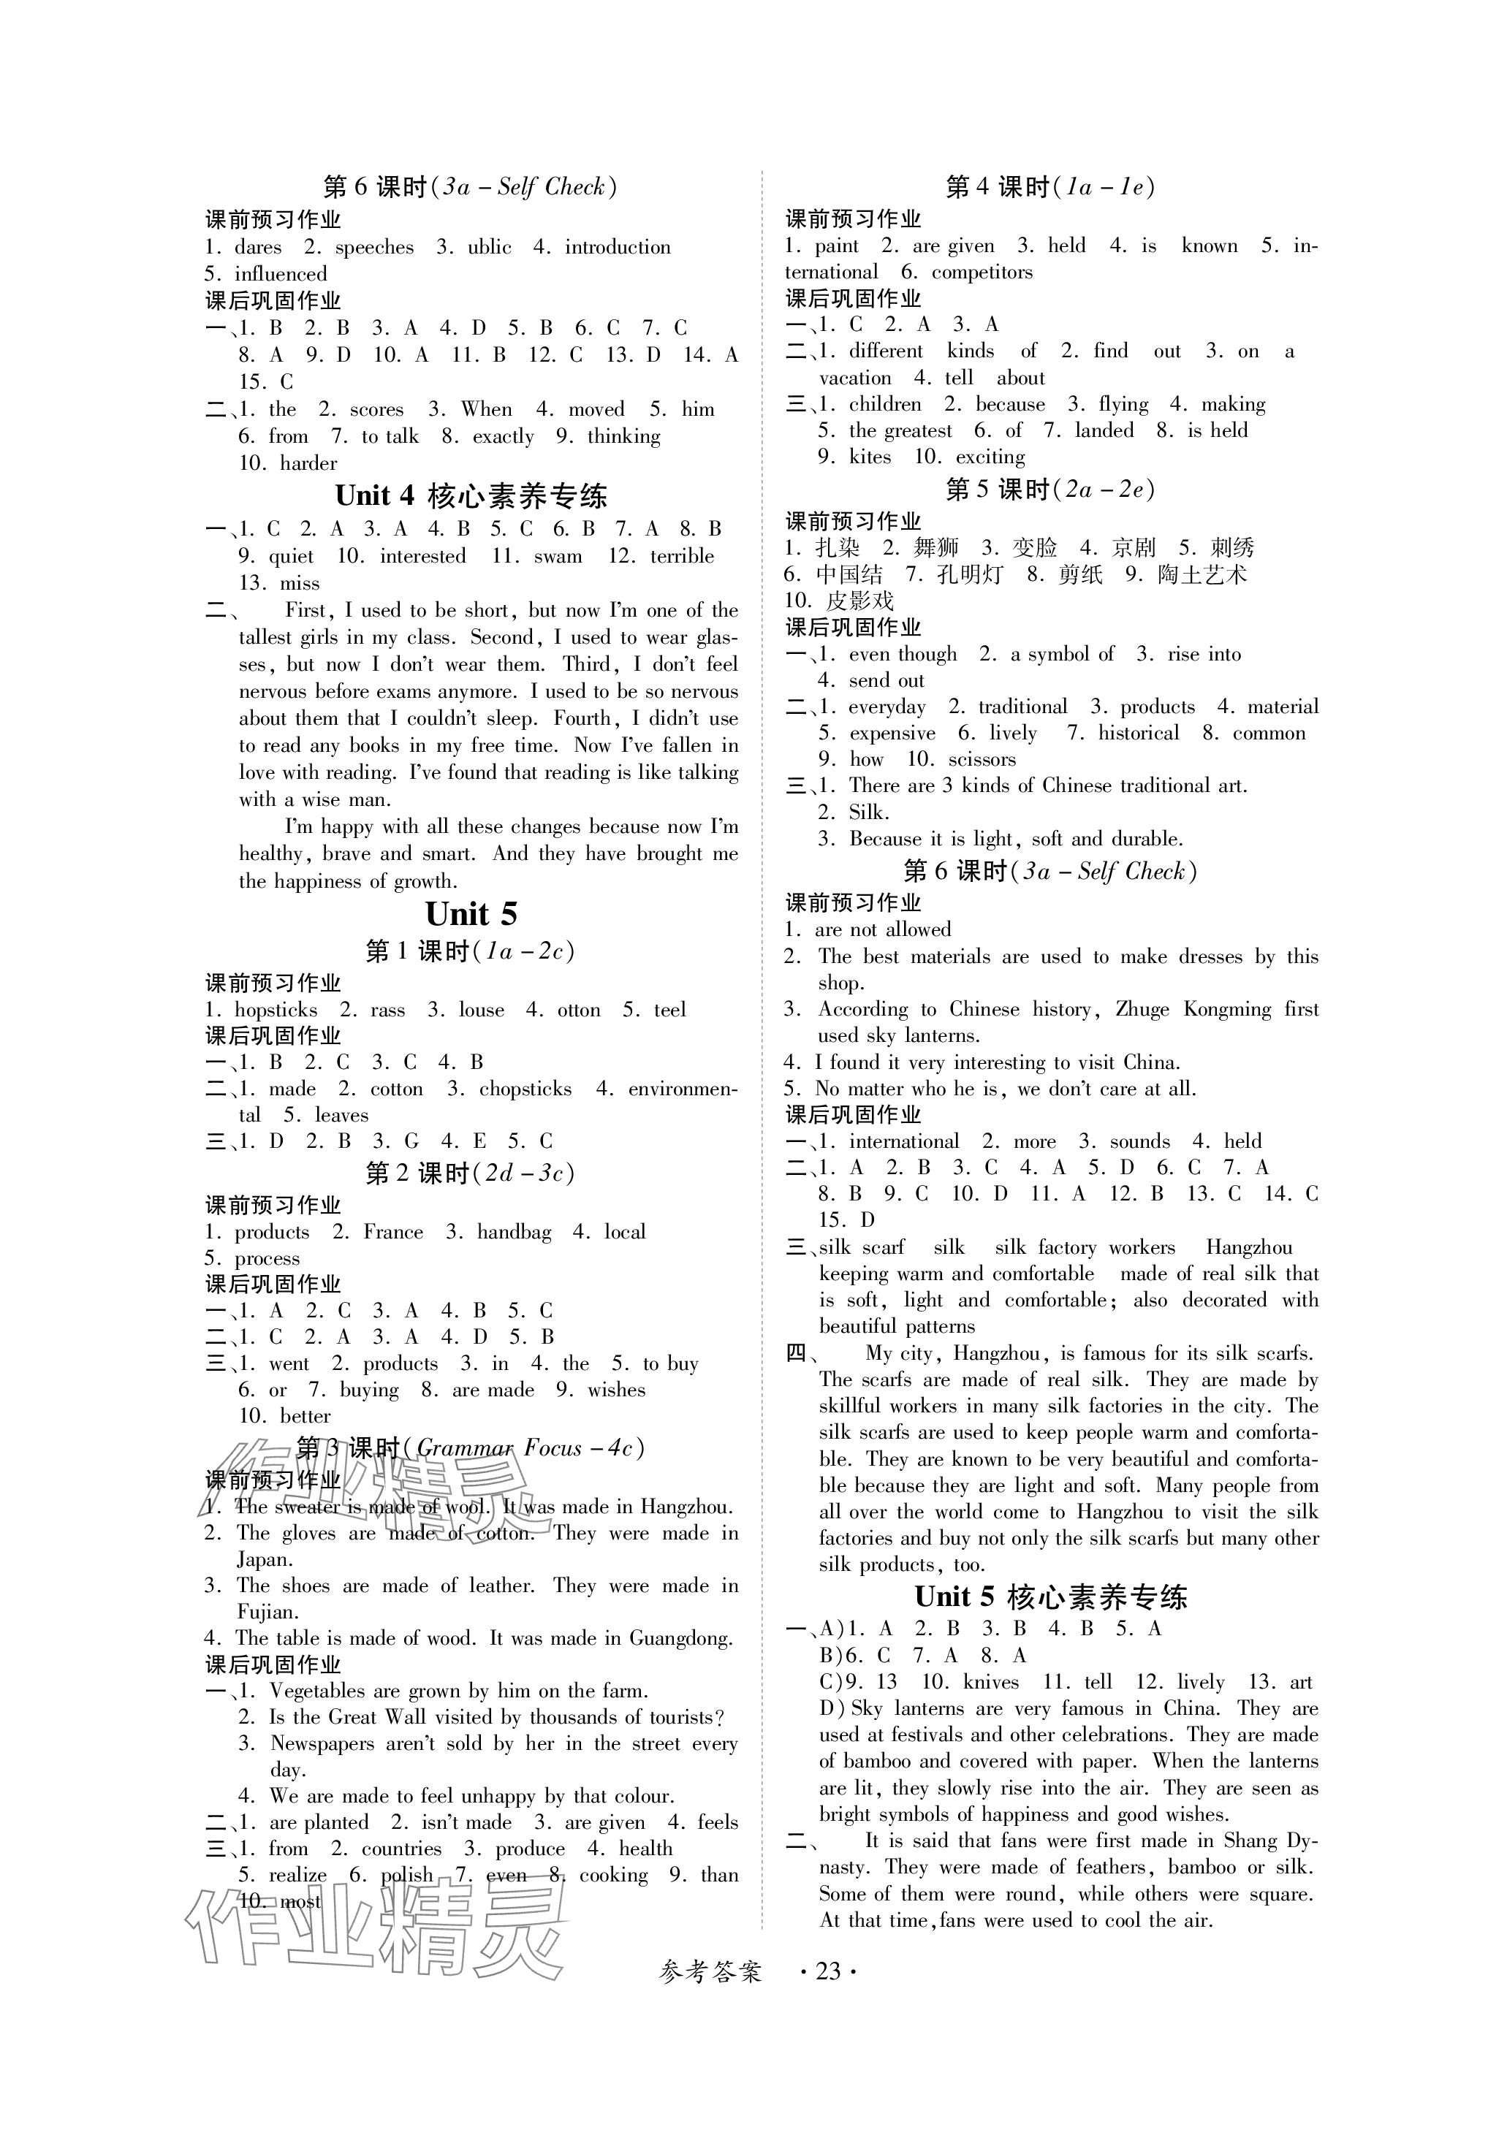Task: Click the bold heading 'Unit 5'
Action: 471,914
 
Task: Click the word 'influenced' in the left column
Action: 281,274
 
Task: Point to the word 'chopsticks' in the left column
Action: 525,1089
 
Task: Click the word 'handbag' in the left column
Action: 513,1232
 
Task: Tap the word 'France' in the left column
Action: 392,1232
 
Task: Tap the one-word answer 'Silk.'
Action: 869,812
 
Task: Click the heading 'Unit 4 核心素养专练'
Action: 471,495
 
